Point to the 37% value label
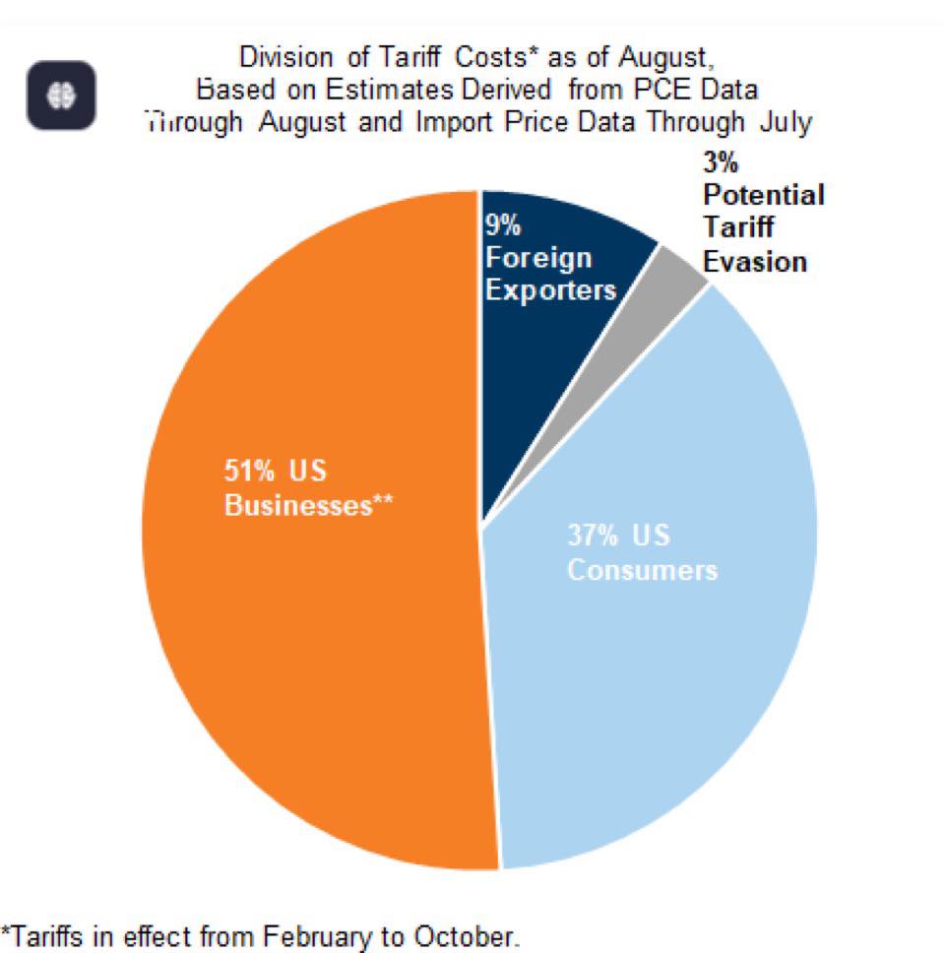(593, 537)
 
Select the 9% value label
(502, 224)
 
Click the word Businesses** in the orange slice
(309, 506)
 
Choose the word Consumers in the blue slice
(642, 571)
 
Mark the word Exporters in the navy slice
(550, 290)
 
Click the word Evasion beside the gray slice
(755, 262)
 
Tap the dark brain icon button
(61, 95)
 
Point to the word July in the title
(785, 123)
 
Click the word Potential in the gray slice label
(764, 195)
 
